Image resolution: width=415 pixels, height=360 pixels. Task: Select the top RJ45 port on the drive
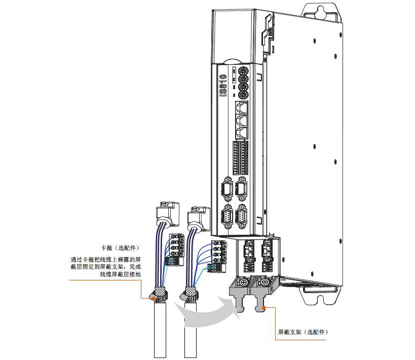(x=242, y=107)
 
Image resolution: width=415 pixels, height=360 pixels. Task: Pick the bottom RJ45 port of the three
(x=242, y=133)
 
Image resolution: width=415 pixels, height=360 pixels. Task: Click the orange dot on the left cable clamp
(x=154, y=298)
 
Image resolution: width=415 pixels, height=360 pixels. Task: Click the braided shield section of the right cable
(x=191, y=292)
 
